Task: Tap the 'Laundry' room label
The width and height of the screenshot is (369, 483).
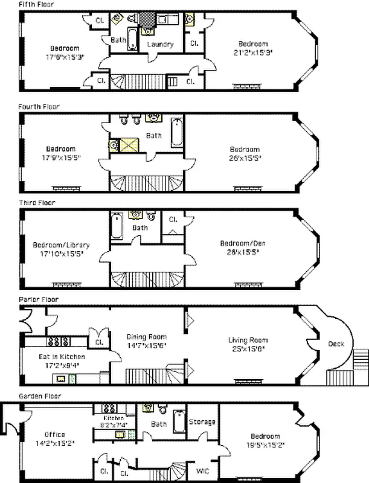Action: point(160,44)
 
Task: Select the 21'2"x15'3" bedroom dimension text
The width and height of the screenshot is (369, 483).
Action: point(252,52)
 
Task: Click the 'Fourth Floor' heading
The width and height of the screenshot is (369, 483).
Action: point(39,106)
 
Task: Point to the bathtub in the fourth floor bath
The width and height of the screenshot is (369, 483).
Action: point(177,133)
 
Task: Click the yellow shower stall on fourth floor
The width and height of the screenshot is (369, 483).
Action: point(128,145)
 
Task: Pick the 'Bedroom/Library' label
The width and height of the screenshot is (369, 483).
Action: point(61,245)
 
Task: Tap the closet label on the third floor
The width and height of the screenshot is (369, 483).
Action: point(173,219)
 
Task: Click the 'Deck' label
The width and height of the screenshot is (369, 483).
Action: point(336,344)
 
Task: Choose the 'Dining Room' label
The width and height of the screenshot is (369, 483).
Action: point(147,337)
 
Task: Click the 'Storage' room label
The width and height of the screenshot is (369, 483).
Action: point(202,421)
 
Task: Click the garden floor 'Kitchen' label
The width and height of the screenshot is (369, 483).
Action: point(114,418)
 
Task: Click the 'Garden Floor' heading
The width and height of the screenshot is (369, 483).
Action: point(39,395)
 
